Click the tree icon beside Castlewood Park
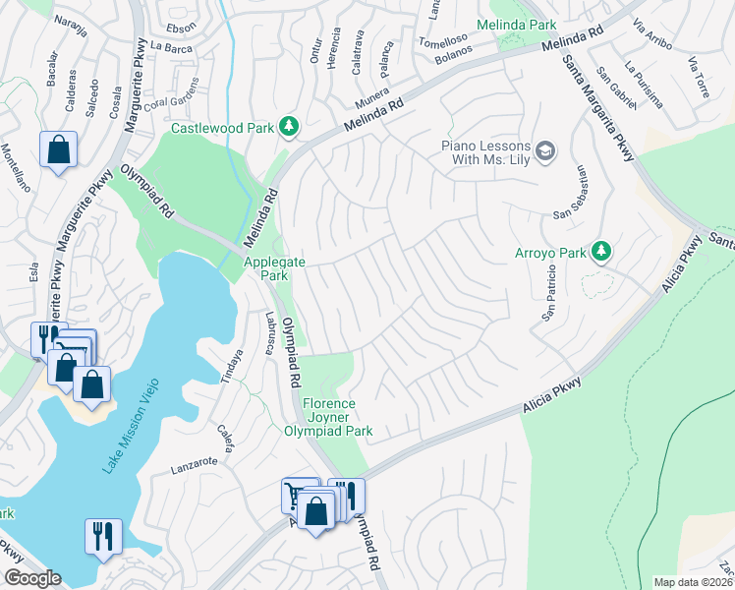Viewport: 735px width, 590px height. [289, 127]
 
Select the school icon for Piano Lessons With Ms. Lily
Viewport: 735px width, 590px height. [546, 150]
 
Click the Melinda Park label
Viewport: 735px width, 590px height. [516, 25]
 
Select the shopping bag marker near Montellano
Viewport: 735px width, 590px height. [58, 150]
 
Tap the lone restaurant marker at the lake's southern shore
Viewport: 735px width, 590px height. [103, 536]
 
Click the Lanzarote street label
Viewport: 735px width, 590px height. [193, 460]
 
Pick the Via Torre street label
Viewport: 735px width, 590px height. [699, 77]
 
